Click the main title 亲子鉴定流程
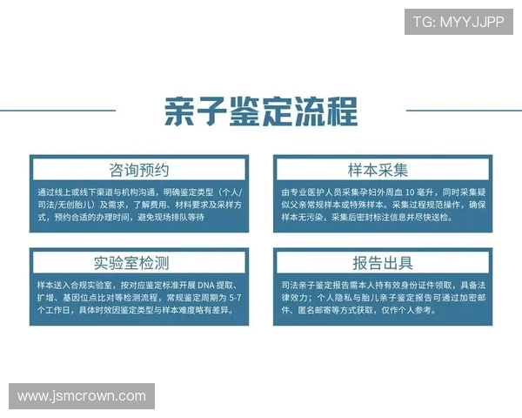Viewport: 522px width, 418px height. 260,111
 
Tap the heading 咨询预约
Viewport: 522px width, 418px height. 139,170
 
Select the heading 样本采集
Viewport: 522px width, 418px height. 383,170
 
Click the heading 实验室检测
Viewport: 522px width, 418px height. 139,262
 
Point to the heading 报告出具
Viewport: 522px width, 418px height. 383,262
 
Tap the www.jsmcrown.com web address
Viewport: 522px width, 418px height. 82,396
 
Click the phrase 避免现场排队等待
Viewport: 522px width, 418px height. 172,218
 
